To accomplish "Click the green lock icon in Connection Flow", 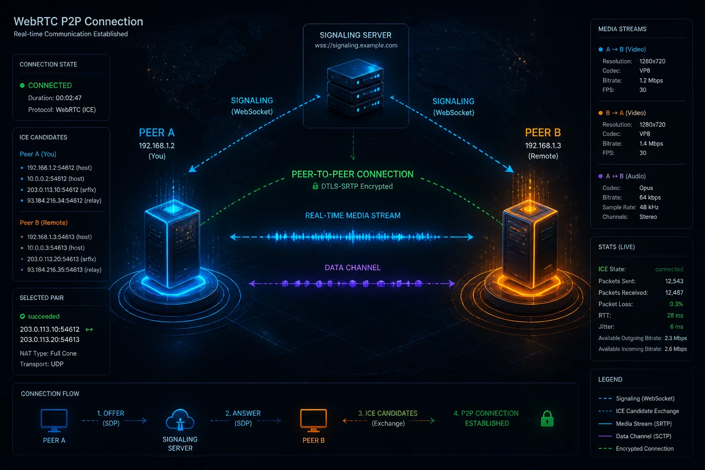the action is coord(547,419).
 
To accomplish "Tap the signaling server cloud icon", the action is coord(180,420).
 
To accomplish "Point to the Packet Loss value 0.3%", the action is coord(677,304).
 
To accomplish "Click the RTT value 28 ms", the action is coord(675,315).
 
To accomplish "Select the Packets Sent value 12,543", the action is coord(674,281).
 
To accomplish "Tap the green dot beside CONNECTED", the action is coord(22,85).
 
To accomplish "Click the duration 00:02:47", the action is coord(68,98).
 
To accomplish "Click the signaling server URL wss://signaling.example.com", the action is coord(356,45).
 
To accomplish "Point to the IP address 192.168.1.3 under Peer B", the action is coord(543,146).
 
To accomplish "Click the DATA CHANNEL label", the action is coord(352,268).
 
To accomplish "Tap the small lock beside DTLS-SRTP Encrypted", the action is coord(315,186).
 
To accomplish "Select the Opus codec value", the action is coord(646,188).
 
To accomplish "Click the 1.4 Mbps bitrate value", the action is coord(651,144).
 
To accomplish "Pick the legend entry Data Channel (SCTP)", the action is coord(643,436).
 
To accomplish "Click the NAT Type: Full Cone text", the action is coord(48,353).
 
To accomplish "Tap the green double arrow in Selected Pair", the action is coord(90,330).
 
